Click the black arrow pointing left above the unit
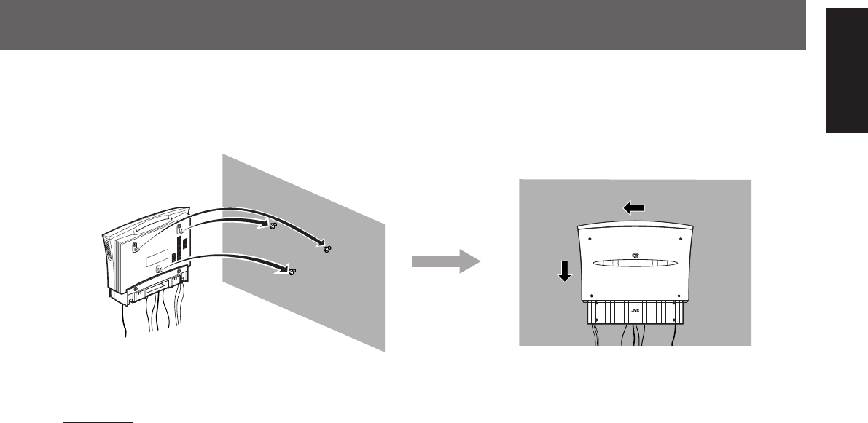point(633,208)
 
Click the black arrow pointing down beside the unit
point(564,271)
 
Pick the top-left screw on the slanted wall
point(273,226)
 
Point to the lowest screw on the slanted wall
point(292,272)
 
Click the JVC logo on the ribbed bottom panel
point(635,312)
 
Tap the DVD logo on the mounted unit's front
point(634,256)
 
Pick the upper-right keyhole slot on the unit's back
point(178,231)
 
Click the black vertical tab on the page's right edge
point(846,79)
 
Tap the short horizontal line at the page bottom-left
point(97,400)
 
